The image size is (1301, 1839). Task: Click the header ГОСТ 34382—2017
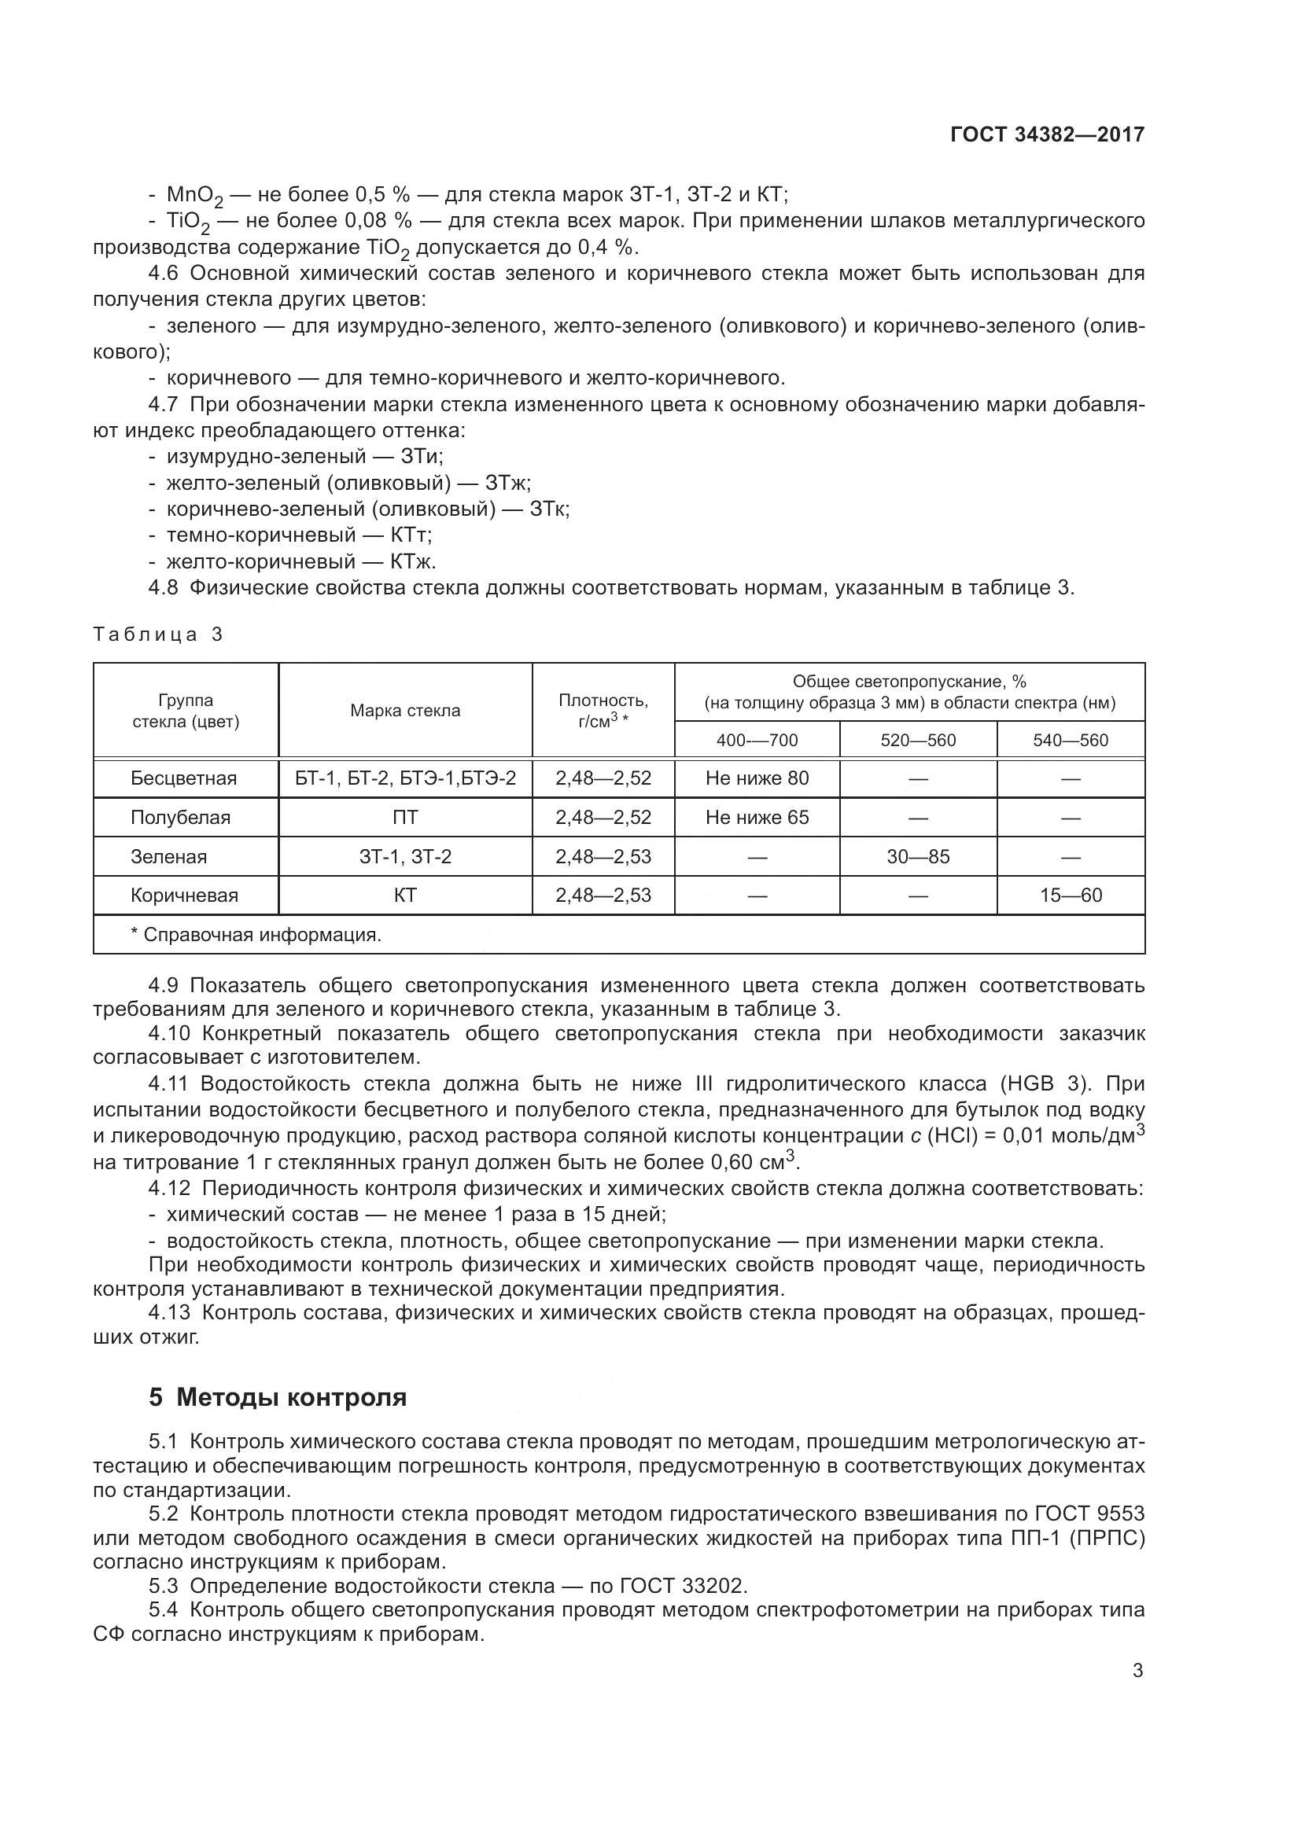(x=1047, y=134)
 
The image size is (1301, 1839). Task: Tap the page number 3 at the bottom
(x=1137, y=1670)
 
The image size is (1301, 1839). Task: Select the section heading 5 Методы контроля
(x=277, y=1397)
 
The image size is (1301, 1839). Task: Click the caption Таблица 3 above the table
(x=158, y=634)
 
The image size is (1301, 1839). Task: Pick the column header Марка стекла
(x=404, y=711)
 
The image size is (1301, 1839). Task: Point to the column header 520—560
(x=918, y=740)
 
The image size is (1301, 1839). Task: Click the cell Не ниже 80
(x=757, y=778)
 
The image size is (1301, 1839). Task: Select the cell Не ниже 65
(x=757, y=817)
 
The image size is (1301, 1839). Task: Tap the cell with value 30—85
(x=918, y=856)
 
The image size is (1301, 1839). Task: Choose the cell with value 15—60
(x=1071, y=895)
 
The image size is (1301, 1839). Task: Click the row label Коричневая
(x=184, y=895)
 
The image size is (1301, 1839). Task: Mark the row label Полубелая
(x=180, y=817)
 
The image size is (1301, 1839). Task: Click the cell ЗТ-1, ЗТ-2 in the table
(x=404, y=856)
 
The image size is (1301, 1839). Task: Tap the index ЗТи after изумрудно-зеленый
(x=422, y=456)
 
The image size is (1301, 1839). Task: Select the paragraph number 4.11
(x=168, y=1083)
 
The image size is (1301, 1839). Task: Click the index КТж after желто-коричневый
(x=413, y=561)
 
